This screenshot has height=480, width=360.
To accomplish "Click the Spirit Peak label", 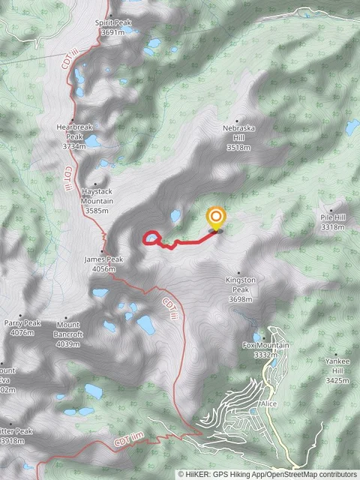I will [113, 28].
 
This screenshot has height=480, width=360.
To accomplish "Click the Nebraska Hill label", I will [238, 138].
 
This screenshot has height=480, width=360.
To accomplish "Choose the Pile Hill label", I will [333, 222].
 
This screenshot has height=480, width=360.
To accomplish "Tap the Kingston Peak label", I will [241, 289].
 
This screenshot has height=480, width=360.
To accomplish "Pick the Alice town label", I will [269, 404].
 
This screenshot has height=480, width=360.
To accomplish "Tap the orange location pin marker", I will [216, 217].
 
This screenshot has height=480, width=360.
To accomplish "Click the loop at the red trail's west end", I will [151, 238].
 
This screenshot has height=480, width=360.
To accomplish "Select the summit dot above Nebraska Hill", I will [238, 120].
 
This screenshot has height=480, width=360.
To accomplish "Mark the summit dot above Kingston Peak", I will [239, 272].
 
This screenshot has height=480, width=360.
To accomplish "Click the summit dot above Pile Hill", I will [331, 210].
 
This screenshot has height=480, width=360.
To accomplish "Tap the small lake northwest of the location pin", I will [175, 216].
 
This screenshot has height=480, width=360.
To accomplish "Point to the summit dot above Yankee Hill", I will [335, 355].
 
